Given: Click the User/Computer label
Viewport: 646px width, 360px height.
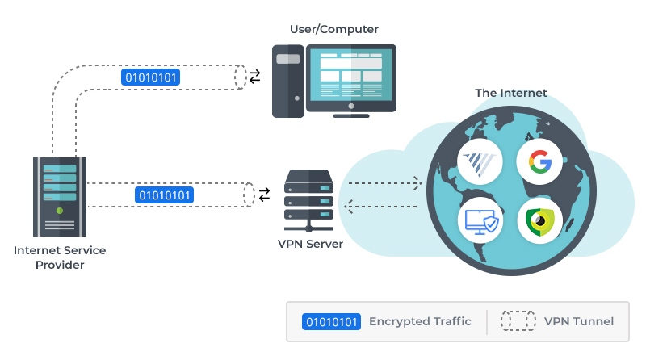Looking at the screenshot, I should (333, 30).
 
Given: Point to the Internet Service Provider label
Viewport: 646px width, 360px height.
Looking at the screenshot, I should (60, 257).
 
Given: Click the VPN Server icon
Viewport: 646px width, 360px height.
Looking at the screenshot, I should (308, 198).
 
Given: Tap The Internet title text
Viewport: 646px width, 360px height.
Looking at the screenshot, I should (510, 93).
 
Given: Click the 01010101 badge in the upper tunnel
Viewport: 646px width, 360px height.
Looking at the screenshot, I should (150, 77).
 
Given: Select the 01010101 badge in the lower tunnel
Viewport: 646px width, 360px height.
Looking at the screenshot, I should (166, 195).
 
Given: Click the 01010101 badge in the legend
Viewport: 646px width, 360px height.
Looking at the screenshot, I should (332, 321).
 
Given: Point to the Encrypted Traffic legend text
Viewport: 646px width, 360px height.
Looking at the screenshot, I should (420, 321).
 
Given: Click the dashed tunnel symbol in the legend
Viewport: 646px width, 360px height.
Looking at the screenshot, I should (518, 321).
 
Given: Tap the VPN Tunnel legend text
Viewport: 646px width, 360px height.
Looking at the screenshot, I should (578, 321).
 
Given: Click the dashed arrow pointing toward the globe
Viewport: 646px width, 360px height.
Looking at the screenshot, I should (383, 183).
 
